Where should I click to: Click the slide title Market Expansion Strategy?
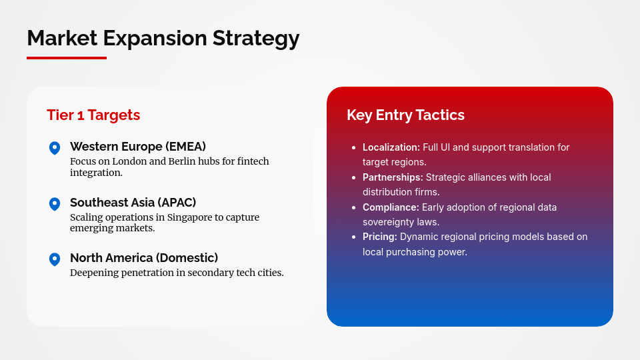[163, 38]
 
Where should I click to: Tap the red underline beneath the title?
[67, 58]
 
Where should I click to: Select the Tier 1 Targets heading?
[93, 115]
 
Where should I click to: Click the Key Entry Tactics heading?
[405, 115]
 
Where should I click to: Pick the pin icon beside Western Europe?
[55, 148]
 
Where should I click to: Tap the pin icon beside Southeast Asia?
[55, 204]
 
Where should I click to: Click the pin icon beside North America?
[55, 259]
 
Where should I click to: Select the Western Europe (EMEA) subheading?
[138, 147]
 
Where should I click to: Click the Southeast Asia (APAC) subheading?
[133, 202]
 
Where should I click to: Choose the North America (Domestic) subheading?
[144, 257]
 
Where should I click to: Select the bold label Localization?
[391, 147]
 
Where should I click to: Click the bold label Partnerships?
[393, 177]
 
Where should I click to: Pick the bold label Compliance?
[391, 207]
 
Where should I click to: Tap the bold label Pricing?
[379, 237]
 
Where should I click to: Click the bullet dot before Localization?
[353, 147]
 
